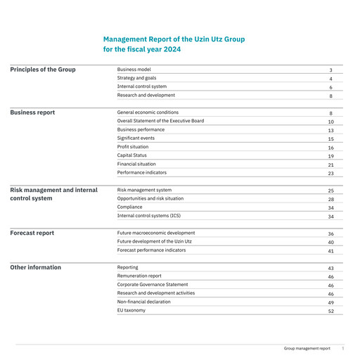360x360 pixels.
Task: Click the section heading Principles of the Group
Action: (43, 70)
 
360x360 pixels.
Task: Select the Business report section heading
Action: (32, 112)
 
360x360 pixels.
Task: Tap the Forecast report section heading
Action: (32, 233)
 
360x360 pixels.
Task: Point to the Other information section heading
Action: (36, 267)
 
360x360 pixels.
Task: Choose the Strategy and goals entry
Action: (137, 78)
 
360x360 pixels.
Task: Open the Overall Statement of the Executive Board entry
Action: (160, 121)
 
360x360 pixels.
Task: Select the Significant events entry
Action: (136, 138)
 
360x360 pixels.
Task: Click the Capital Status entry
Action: (131, 155)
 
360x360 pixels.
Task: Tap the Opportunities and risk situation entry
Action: (150, 199)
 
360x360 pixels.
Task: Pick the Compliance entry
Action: (130, 207)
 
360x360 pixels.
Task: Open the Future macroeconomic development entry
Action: (156, 233)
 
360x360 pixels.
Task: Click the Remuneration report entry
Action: (139, 276)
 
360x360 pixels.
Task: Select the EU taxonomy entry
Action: (131, 310)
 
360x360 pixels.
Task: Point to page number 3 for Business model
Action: (330, 70)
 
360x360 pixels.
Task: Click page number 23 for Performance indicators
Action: (330, 173)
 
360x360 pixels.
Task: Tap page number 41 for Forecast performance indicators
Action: (330, 251)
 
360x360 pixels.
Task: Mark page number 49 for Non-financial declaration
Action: (330, 302)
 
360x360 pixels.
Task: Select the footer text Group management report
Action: (307, 348)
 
